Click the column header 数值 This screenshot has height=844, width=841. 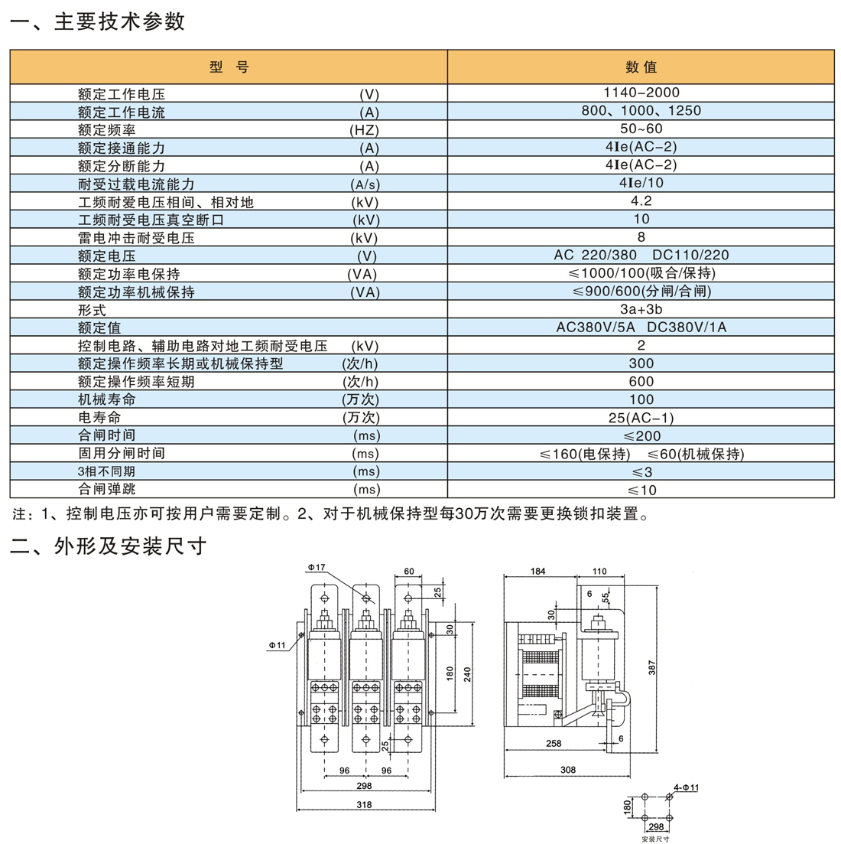[641, 67]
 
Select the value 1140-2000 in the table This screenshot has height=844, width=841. [641, 93]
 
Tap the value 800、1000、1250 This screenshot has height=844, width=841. [641, 110]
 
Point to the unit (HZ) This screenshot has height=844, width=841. [364, 130]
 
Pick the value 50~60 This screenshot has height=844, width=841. [641, 129]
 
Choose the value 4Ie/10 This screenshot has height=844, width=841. [641, 182]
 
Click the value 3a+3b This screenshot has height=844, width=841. [641, 309]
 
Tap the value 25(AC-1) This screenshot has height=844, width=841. [641, 418]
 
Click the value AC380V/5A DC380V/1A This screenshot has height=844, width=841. [641, 327]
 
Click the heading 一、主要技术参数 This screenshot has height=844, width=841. [98, 21]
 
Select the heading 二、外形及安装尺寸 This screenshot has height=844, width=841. [109, 546]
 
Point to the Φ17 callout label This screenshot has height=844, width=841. [317, 567]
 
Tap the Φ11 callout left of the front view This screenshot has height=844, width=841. [277, 645]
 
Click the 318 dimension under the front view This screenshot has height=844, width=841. [364, 804]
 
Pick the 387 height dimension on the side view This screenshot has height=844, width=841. [651, 667]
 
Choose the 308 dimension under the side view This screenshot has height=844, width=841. [568, 770]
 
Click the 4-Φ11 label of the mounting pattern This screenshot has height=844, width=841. [687, 787]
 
